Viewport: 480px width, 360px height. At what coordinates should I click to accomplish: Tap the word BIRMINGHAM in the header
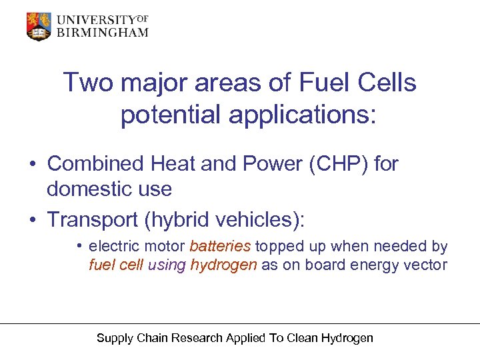[x=102, y=33]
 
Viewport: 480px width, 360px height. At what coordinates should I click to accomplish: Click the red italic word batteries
[x=220, y=247]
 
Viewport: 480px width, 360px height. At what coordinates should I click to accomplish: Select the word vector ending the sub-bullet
[x=428, y=265]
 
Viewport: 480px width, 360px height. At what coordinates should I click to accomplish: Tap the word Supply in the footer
[x=115, y=338]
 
